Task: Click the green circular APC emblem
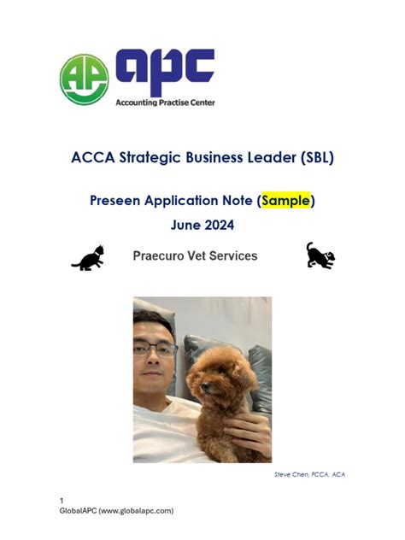(84, 79)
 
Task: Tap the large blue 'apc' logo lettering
(164, 72)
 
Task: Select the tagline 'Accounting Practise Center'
(165, 103)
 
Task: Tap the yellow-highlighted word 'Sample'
(285, 201)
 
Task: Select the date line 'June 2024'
(202, 226)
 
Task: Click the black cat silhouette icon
(88, 258)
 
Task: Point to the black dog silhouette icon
(320, 255)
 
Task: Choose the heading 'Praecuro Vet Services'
(195, 255)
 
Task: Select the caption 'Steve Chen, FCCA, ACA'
(309, 474)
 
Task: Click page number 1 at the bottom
(62, 500)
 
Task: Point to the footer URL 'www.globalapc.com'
(138, 510)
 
